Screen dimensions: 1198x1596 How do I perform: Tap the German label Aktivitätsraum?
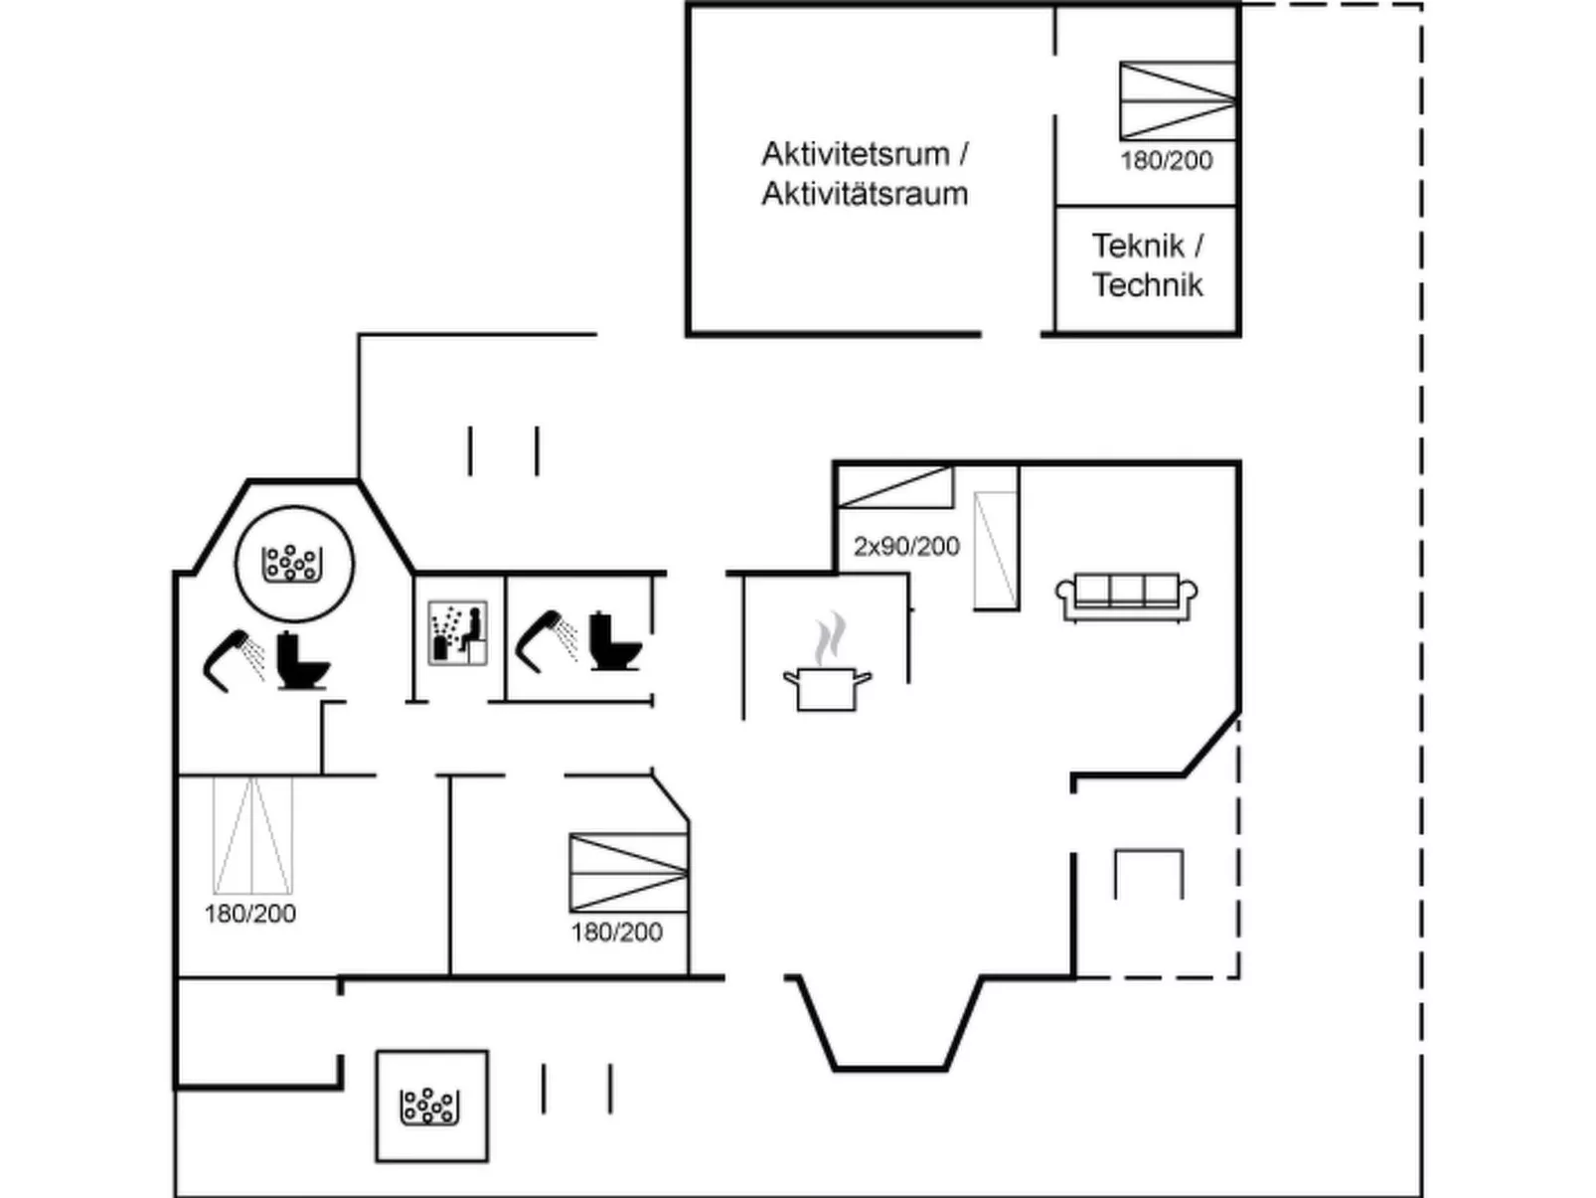pos(865,194)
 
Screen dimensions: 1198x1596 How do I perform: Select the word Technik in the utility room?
pos(1148,285)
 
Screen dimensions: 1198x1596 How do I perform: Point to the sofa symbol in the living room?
pos(1126,597)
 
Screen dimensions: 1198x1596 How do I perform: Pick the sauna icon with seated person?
pos(457,632)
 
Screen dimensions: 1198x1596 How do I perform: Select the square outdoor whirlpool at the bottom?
pos(432,1106)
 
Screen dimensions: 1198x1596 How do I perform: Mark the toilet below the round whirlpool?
pos(301,660)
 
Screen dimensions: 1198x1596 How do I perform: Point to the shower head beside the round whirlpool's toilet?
pos(235,657)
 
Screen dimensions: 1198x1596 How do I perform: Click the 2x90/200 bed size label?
pos(906,546)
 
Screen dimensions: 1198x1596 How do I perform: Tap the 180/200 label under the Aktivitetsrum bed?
pos(1167,160)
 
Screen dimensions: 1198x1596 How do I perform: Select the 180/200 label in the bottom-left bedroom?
pos(250,914)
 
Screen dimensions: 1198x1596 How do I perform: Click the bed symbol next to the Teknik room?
pos(1178,100)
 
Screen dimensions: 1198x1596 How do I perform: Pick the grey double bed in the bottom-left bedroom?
pos(253,835)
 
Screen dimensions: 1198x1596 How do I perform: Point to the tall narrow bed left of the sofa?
pos(995,550)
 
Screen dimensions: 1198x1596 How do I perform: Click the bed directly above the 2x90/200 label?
pos(894,487)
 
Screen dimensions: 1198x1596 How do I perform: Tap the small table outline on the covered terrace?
pos(1149,874)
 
